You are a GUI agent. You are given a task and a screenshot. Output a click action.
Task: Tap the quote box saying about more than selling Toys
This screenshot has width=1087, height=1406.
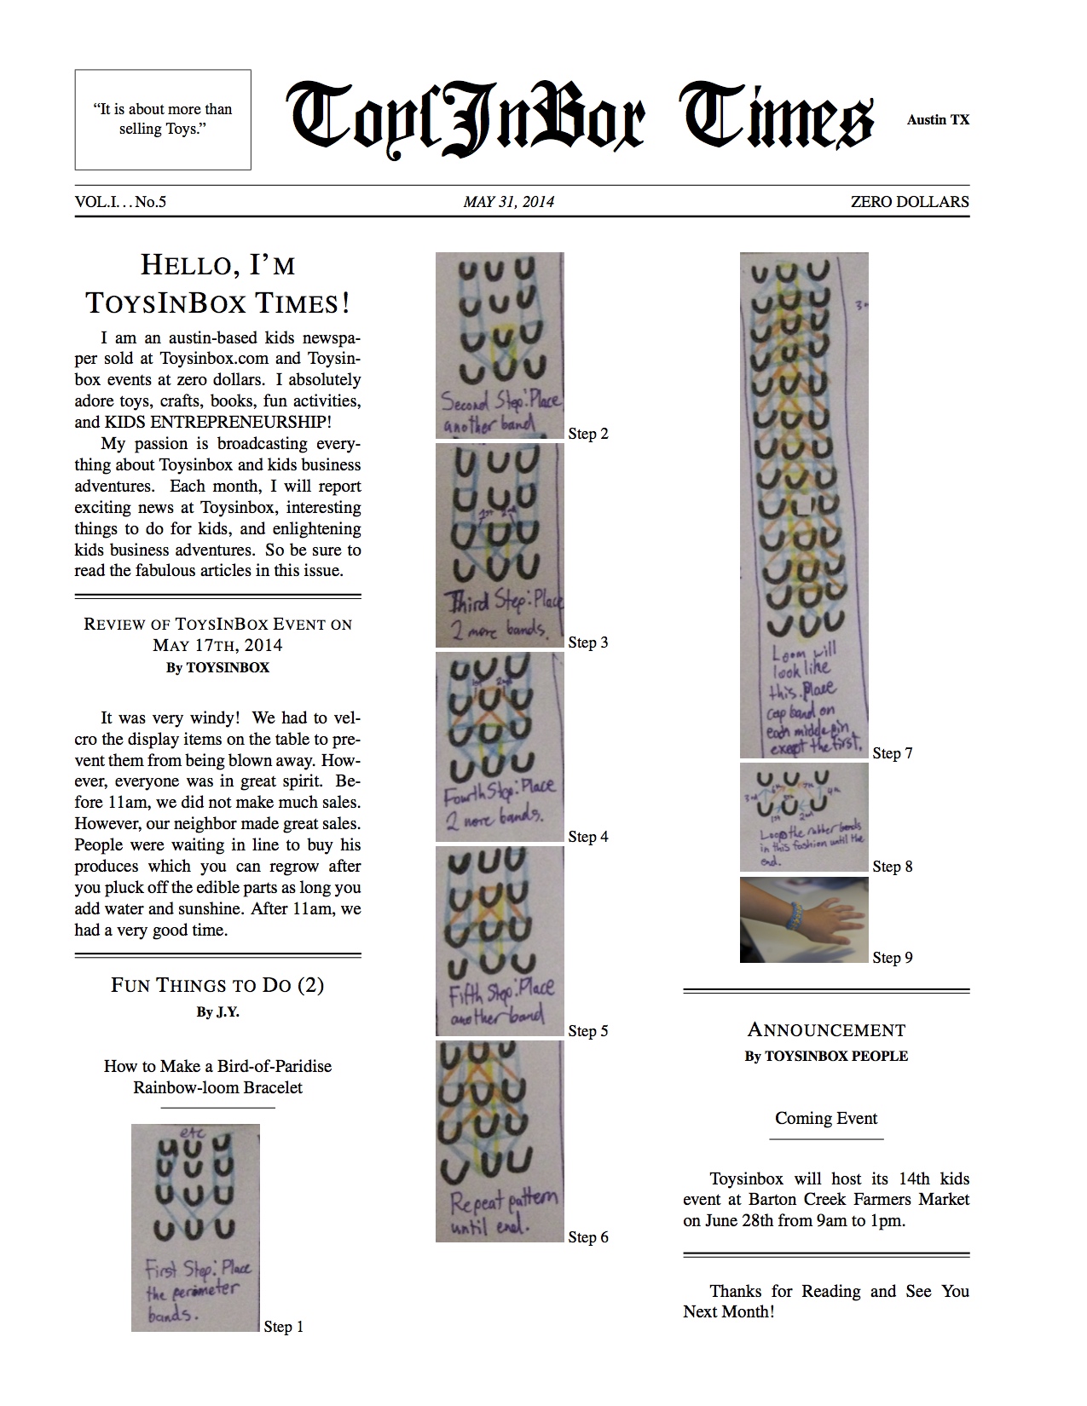pyautogui.click(x=163, y=119)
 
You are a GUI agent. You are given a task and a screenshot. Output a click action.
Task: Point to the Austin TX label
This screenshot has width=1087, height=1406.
pyautogui.click(x=938, y=120)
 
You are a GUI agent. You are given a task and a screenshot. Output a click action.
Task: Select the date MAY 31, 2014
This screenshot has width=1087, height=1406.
pyautogui.click(x=509, y=202)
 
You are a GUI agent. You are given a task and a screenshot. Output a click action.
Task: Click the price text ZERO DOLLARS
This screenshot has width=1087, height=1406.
pyautogui.click(x=909, y=202)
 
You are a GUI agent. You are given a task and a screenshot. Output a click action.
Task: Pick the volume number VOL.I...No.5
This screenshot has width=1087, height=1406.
pyautogui.click(x=120, y=202)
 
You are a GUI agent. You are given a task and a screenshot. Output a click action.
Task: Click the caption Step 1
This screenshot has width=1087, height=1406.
pyautogui.click(x=283, y=1327)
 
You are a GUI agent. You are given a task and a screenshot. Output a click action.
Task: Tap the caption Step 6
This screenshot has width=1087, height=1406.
pyautogui.click(x=588, y=1237)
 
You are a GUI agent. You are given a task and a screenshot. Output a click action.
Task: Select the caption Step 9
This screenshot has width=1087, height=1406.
pyautogui.click(x=893, y=958)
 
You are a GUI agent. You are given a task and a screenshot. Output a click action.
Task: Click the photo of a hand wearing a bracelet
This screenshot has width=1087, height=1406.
pyautogui.click(x=804, y=920)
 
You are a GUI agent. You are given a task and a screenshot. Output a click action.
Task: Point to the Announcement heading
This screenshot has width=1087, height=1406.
pyautogui.click(x=826, y=1030)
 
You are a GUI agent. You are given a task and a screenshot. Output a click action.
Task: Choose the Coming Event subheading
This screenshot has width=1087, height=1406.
pyautogui.click(x=826, y=1118)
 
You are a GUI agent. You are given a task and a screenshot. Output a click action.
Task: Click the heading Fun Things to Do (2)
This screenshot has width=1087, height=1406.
pyautogui.click(x=217, y=985)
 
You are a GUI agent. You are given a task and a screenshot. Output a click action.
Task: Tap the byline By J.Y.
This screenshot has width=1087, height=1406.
pyautogui.click(x=217, y=1012)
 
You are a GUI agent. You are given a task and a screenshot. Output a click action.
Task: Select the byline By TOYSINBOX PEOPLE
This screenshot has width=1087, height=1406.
pyautogui.click(x=826, y=1056)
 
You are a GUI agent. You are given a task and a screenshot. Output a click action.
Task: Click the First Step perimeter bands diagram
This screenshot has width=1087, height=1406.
pyautogui.click(x=195, y=1227)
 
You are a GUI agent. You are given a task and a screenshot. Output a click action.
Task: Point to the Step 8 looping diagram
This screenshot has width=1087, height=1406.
pyautogui.click(x=804, y=817)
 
